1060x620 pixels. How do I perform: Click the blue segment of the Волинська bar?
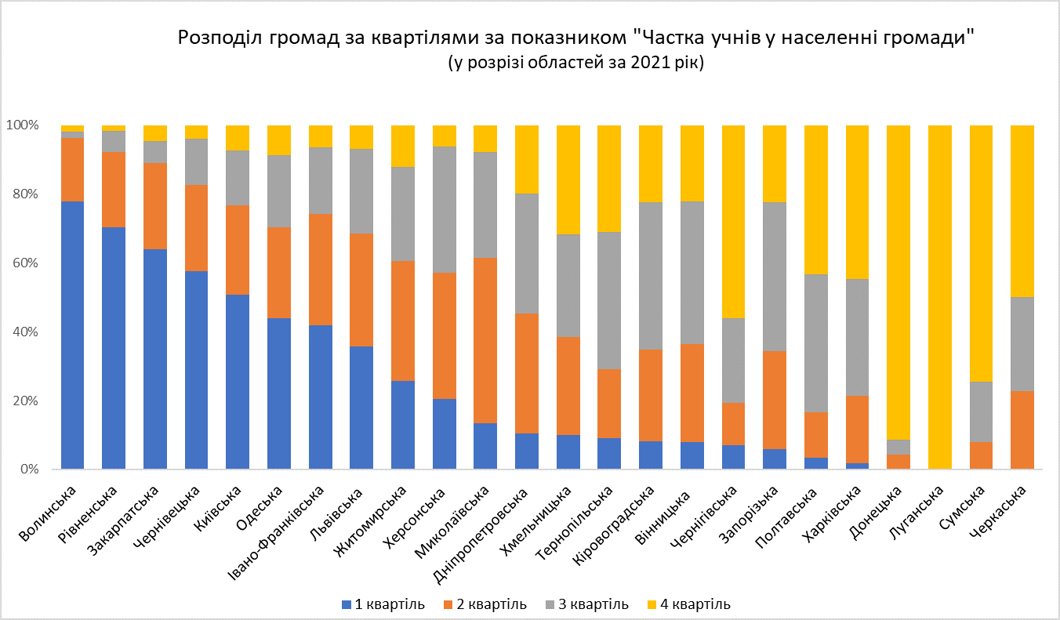[72, 335]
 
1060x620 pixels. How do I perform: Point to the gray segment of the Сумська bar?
[980, 412]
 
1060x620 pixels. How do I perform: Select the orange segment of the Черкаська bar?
[1022, 430]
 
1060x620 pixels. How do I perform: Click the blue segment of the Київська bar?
[238, 382]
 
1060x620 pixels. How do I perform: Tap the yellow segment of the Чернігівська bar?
[732, 221]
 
